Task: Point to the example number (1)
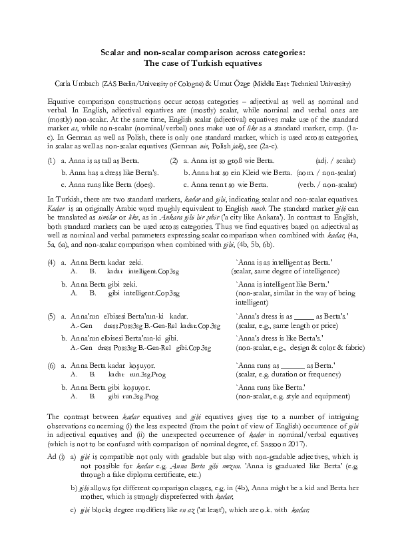(51, 161)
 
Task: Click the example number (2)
(174, 161)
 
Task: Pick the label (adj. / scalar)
(335, 161)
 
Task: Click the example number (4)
(51, 263)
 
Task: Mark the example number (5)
(51, 316)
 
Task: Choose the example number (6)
(51, 366)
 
